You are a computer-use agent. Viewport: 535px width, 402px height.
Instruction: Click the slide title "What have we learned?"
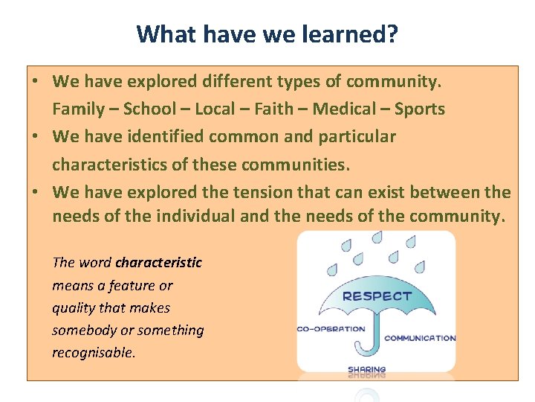click(x=267, y=33)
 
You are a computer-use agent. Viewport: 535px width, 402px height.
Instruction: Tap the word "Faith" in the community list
click(x=273, y=109)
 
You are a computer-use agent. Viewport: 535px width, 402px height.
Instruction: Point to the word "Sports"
click(x=419, y=109)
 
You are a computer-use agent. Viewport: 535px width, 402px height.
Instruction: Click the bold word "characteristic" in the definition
click(x=158, y=263)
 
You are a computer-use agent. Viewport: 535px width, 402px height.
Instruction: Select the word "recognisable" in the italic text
click(x=93, y=353)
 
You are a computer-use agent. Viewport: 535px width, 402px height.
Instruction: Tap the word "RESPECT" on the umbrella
click(x=376, y=296)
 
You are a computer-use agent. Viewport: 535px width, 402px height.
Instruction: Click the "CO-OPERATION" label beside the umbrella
click(x=331, y=328)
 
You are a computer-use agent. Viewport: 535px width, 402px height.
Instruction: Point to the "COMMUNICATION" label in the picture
click(x=420, y=338)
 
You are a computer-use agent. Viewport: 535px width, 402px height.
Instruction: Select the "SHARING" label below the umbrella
click(x=367, y=369)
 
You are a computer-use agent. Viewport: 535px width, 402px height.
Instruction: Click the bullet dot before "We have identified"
click(x=36, y=136)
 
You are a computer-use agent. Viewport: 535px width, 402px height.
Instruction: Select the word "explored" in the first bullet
click(x=167, y=81)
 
